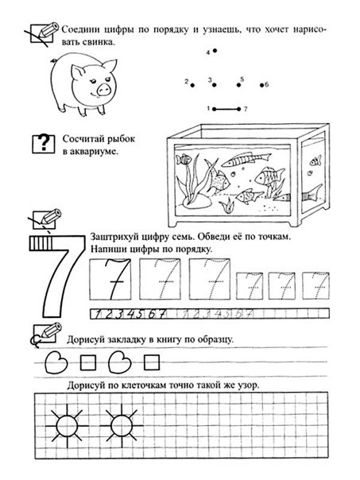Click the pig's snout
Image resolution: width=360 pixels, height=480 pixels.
coord(103,89)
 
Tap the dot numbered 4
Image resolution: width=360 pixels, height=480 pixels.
coord(215,51)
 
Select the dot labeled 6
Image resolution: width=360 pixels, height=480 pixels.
coord(262,85)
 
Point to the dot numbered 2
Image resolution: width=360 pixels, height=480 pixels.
coord(192,85)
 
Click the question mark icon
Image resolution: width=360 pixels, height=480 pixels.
coord(44,144)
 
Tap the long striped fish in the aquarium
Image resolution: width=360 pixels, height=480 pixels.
coord(246,159)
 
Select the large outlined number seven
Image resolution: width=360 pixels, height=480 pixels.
coord(56,276)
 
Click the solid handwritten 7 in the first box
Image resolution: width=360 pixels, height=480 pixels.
coord(114,279)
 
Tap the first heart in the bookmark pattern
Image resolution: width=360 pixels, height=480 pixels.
coord(56,362)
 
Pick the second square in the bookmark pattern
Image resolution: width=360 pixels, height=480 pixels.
coord(152,362)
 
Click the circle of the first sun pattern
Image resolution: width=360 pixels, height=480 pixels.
coord(66,425)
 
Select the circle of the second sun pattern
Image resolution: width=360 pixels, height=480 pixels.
coord(121,425)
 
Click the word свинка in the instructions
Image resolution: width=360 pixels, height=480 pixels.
coord(99,42)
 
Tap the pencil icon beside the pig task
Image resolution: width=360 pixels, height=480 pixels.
coord(42,33)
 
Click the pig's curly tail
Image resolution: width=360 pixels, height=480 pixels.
coord(53,60)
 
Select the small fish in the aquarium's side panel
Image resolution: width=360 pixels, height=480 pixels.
coord(315,161)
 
